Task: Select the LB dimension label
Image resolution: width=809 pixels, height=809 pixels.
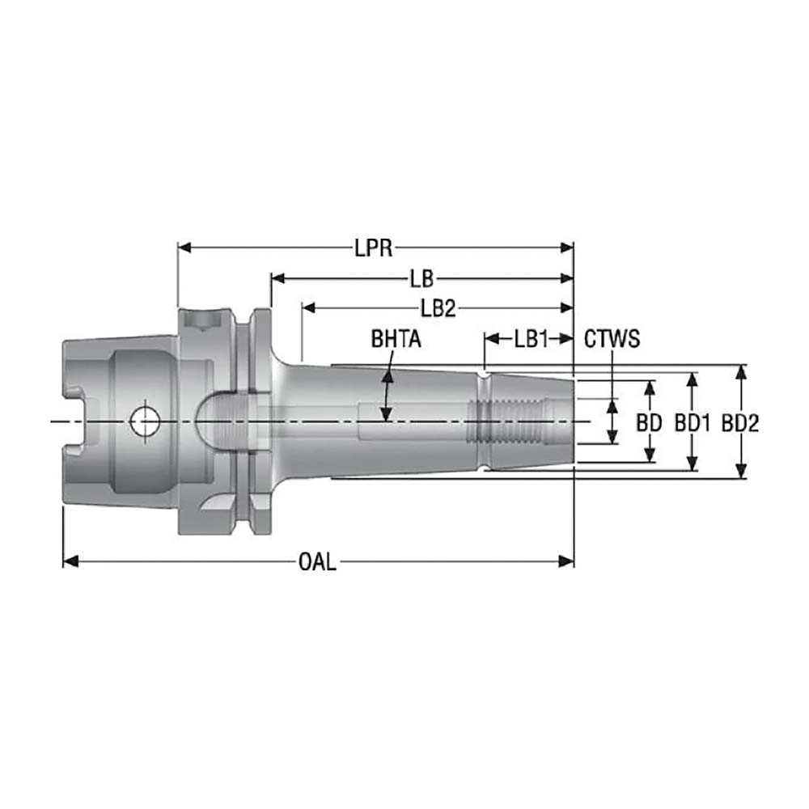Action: [x=421, y=280]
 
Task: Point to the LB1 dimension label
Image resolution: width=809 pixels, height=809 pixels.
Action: [x=532, y=339]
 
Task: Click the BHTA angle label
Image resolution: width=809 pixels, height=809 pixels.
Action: [x=396, y=339]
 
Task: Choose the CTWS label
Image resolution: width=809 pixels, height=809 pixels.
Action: [x=612, y=339]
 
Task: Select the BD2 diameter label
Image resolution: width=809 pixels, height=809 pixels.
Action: [x=740, y=423]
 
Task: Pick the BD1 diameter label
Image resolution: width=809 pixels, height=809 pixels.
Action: [x=693, y=423]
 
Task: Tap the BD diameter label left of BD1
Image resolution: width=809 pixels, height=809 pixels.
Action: [x=649, y=423]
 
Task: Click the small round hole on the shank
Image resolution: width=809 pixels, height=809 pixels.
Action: [x=145, y=420]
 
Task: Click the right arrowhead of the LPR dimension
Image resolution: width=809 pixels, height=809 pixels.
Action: [x=568, y=248]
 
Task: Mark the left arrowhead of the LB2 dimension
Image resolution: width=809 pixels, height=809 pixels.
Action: [x=307, y=308]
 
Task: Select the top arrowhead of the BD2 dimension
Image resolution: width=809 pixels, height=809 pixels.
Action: [x=740, y=371]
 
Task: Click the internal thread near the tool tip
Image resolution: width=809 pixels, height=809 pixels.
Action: [x=510, y=421]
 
